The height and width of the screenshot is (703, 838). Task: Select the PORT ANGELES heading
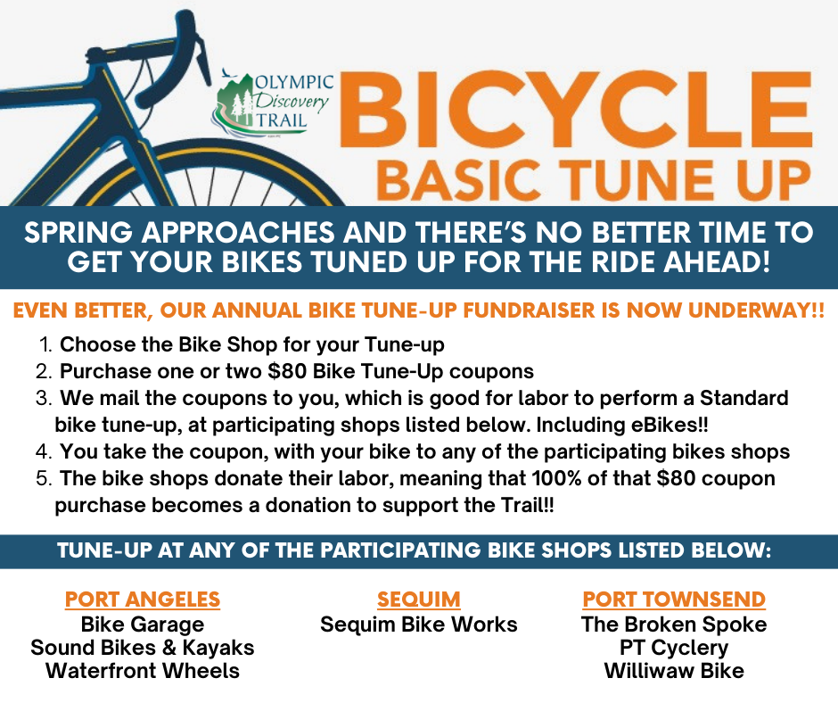142,600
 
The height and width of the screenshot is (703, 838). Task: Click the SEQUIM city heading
418,600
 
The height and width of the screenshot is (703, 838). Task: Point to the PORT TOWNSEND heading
674,600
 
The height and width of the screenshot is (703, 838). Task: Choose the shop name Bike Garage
142,624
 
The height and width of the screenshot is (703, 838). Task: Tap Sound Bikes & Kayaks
142,648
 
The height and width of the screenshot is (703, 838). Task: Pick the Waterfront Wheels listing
142,670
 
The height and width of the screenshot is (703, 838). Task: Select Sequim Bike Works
418,624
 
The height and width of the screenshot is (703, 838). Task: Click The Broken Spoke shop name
674,624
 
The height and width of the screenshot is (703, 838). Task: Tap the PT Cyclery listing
674,648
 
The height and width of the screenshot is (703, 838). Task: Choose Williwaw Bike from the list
674,670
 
